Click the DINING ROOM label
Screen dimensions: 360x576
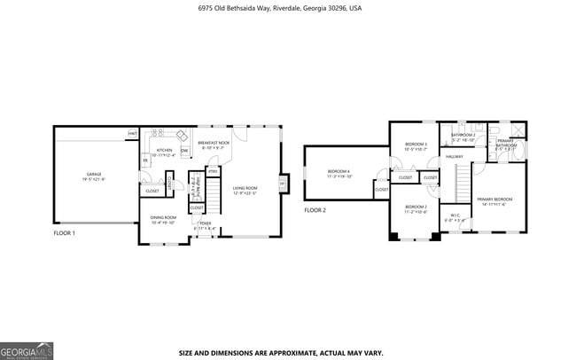click(163, 219)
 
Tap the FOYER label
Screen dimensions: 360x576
click(205, 225)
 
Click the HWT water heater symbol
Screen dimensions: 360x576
click(132, 133)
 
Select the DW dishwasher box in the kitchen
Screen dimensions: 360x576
click(184, 151)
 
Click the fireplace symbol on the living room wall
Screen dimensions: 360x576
click(283, 184)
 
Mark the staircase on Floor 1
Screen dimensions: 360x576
click(212, 205)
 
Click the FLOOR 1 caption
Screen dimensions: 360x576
click(65, 233)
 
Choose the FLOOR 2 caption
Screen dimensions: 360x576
click(315, 210)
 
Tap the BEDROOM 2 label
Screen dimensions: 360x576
click(416, 207)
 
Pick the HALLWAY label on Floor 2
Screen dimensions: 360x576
click(455, 157)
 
